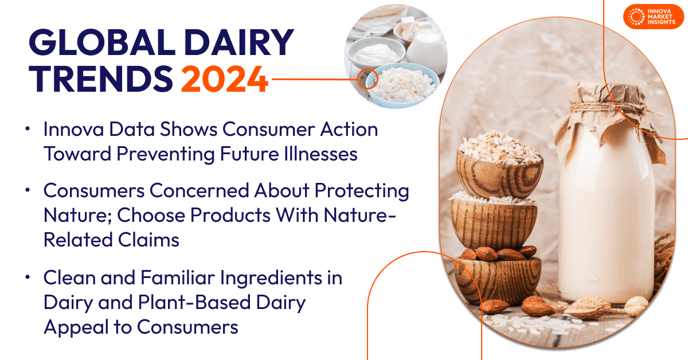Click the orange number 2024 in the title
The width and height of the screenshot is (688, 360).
point(225,79)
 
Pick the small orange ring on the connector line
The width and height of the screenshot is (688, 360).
point(364,79)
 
